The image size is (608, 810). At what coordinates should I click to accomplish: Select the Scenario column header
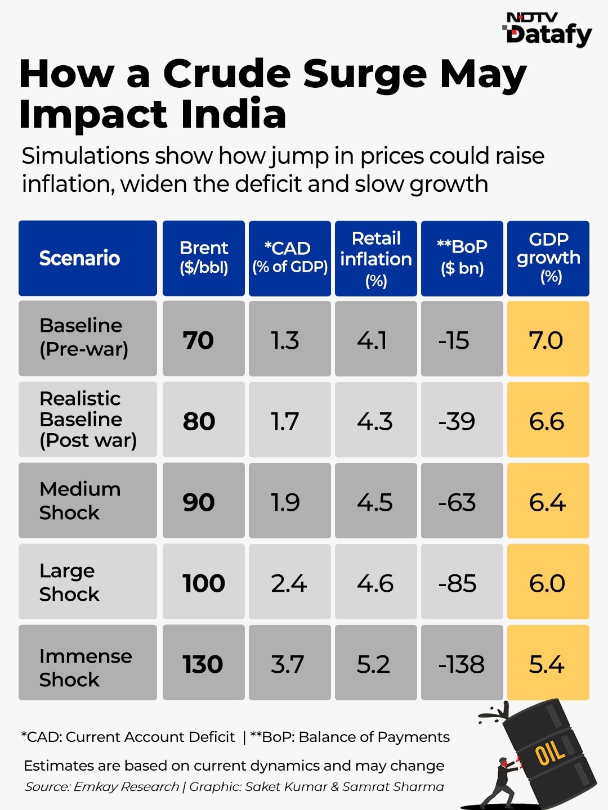[x=79, y=258]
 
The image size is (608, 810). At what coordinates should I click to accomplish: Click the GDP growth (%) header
[x=548, y=258]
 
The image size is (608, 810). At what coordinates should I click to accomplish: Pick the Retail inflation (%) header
[x=376, y=258]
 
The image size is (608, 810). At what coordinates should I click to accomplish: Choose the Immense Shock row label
[x=86, y=668]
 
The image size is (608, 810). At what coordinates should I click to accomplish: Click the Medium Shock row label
[x=79, y=501]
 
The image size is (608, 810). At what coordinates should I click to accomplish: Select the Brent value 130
[x=203, y=664]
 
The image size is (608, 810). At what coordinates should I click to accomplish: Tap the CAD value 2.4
[x=289, y=583]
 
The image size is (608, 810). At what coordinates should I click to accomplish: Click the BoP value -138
[x=462, y=664]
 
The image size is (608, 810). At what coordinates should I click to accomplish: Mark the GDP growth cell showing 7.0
[x=546, y=340]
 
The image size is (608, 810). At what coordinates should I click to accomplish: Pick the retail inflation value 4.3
[x=375, y=421]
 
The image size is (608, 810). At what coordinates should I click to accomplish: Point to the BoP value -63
[x=457, y=502]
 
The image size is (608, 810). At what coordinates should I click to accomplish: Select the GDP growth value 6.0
[x=547, y=583]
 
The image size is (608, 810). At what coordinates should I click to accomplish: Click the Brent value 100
[x=203, y=583]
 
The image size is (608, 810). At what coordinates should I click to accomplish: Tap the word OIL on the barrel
[x=549, y=751]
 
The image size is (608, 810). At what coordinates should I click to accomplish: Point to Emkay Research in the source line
[x=126, y=786]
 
